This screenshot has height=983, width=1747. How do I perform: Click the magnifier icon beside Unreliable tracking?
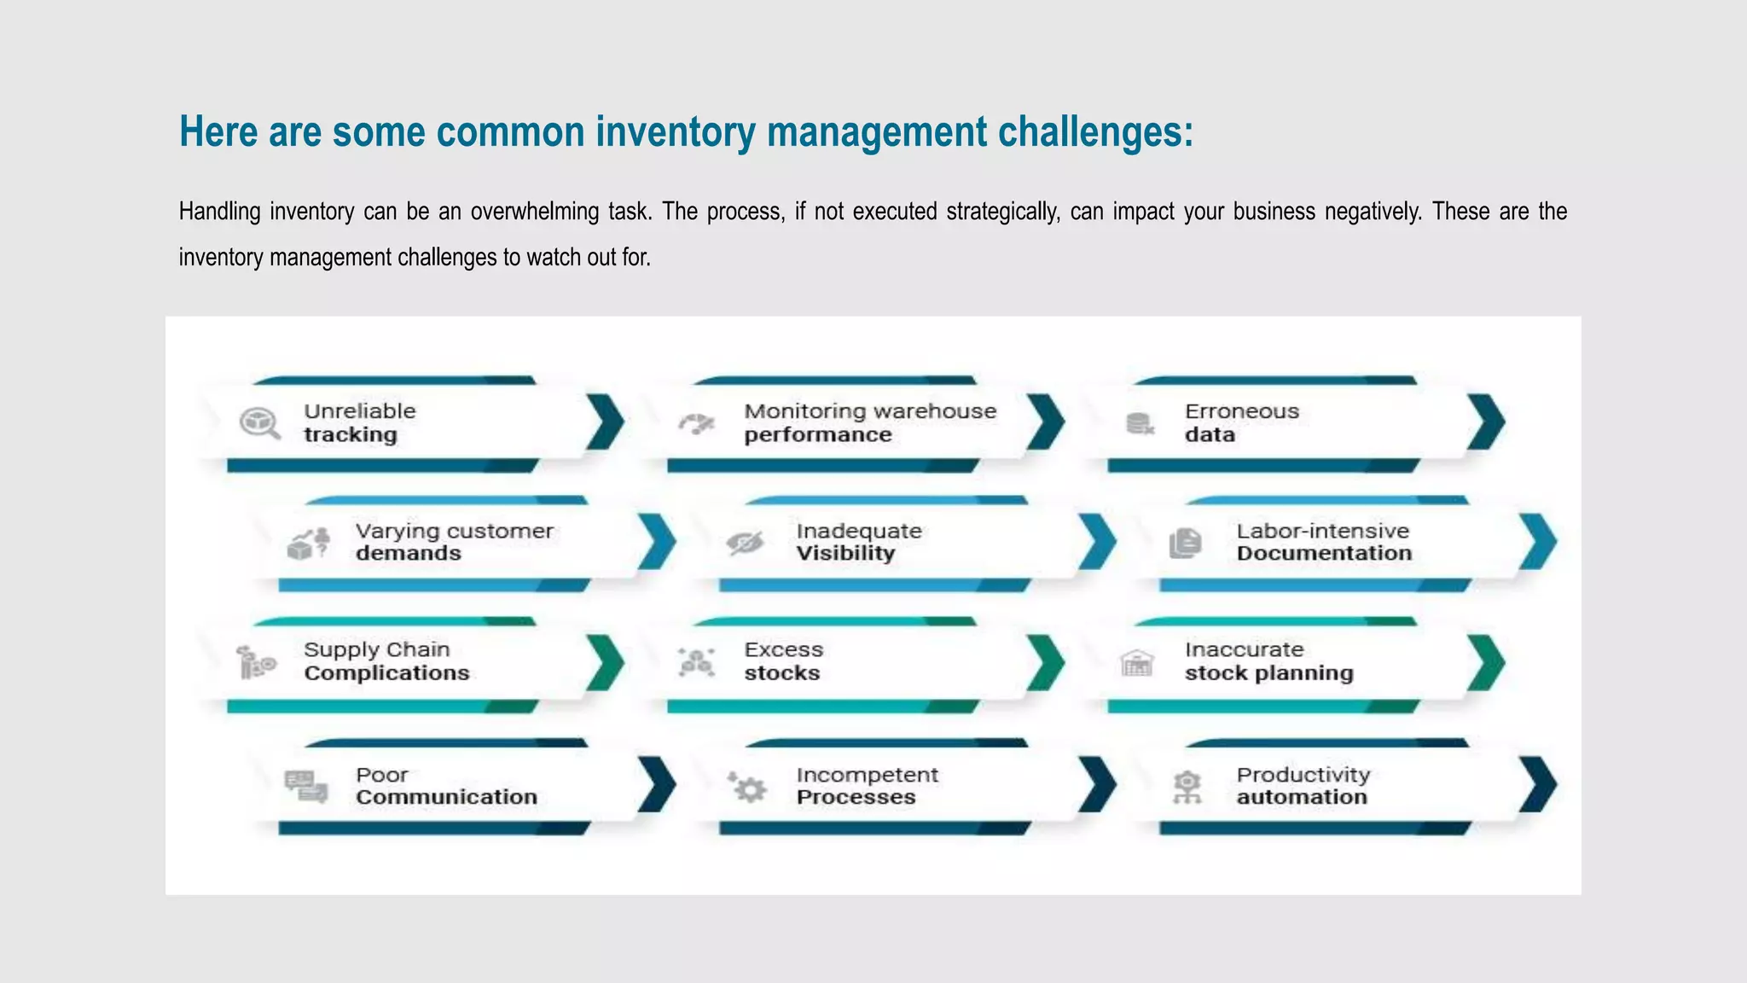pos(259,422)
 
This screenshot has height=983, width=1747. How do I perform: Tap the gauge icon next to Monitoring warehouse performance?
pos(697,423)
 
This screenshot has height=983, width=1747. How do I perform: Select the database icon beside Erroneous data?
pos(1139,423)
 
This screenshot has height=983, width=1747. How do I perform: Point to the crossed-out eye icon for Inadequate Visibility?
pos(745,543)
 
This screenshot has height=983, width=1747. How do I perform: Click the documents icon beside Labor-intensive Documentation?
pos(1185,543)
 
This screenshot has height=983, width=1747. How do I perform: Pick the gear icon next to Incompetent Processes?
pos(748,787)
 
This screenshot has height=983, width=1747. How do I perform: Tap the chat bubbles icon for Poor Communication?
pos(305,786)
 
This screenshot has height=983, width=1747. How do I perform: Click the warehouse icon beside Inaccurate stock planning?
pos(1136,662)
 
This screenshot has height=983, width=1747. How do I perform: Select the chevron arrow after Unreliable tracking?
pos(606,422)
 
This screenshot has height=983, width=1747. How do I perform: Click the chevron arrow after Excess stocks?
pos(1046,662)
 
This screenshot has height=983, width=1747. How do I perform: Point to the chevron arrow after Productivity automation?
pos(1538,784)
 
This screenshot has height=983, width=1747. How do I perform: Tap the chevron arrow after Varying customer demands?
pos(657,541)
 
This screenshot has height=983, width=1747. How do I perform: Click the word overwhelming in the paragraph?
pos(535,211)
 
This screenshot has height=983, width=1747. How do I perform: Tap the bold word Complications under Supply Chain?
pos(386,673)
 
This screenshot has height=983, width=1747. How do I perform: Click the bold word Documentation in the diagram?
pos(1324,553)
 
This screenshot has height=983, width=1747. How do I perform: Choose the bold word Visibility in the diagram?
pos(845,553)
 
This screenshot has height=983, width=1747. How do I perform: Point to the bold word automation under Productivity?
pos(1302,797)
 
